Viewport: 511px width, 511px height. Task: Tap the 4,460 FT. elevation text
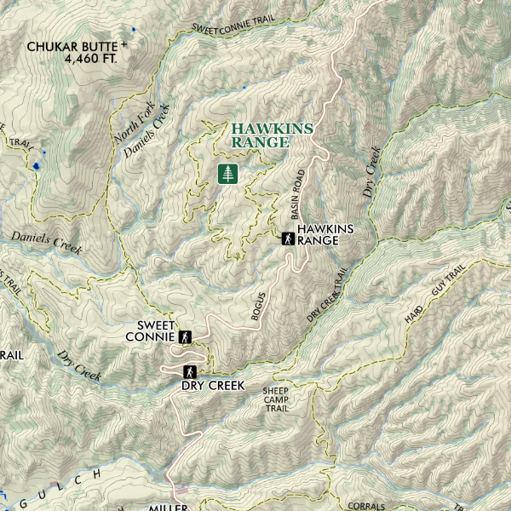pyautogui.click(x=90, y=60)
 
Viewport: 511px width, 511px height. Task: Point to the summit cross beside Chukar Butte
pyautogui.click(x=124, y=43)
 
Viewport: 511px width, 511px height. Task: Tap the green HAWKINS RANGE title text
pyautogui.click(x=272, y=135)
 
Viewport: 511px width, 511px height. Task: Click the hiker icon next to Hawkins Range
pyautogui.click(x=289, y=238)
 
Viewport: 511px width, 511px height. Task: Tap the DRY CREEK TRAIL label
pyautogui.click(x=329, y=296)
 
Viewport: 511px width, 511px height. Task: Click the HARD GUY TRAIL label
pyautogui.click(x=434, y=294)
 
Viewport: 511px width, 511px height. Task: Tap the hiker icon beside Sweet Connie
pyautogui.click(x=184, y=337)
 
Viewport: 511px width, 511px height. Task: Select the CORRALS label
pyautogui.click(x=367, y=506)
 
